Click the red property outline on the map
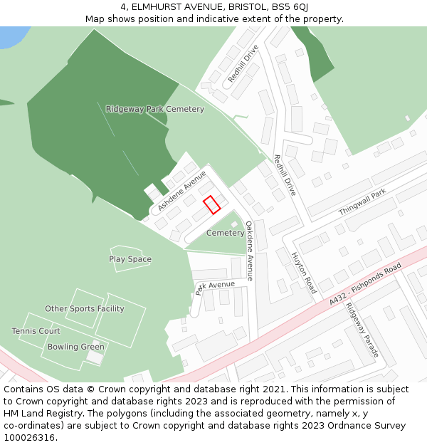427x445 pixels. click(211, 205)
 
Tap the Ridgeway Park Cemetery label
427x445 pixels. click(155, 109)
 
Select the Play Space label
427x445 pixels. click(130, 259)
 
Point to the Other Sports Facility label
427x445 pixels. click(85, 309)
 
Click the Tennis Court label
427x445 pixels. click(36, 331)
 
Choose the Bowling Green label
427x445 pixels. click(76, 347)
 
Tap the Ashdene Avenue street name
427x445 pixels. click(182, 190)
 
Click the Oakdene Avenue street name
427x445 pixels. click(250, 251)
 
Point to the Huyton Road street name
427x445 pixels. click(304, 273)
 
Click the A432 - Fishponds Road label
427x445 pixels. click(365, 285)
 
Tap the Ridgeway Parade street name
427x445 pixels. click(362, 330)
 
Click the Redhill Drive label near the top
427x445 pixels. click(243, 63)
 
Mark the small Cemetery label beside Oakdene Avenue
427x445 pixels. click(225, 234)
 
